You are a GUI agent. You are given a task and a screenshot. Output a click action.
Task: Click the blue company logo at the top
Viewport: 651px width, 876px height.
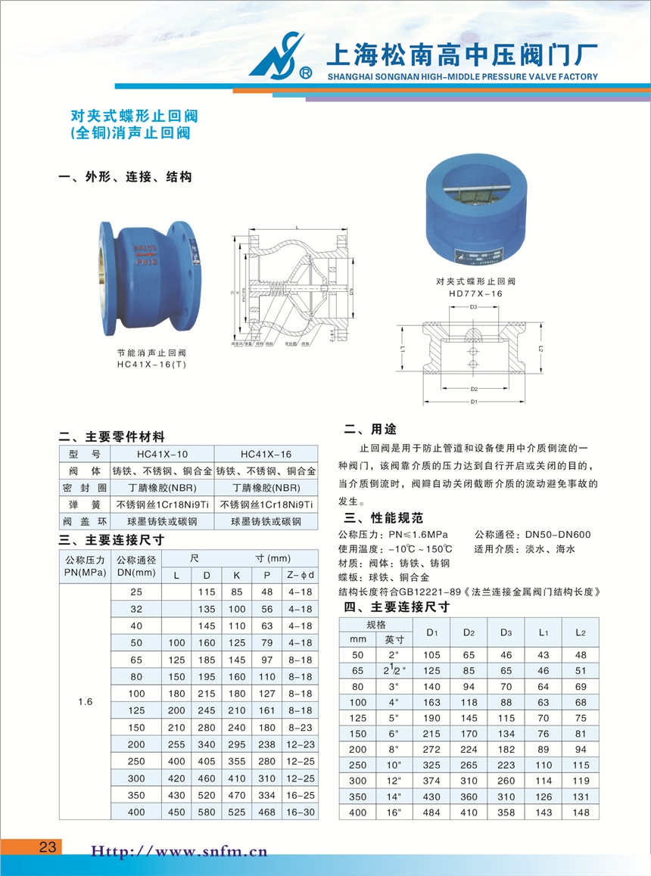point(281,57)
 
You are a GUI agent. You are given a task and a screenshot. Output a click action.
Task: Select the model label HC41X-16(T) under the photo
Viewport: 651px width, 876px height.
point(151,364)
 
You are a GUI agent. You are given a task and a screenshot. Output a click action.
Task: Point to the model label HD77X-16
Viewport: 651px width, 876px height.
point(475,293)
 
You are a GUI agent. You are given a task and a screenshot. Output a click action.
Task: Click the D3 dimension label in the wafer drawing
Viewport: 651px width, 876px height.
point(473,307)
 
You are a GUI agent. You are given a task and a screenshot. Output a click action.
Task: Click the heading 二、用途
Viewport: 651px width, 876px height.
point(370,430)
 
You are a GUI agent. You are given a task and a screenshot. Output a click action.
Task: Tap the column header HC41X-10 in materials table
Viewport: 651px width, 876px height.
point(163,454)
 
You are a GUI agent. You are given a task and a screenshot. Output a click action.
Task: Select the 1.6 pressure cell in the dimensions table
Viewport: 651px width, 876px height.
point(85,702)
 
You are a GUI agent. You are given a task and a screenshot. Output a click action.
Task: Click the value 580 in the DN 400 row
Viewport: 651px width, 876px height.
point(206,812)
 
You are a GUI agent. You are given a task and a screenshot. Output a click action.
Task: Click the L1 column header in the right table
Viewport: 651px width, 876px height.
point(544,632)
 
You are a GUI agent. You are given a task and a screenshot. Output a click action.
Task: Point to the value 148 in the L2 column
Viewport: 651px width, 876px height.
point(581,812)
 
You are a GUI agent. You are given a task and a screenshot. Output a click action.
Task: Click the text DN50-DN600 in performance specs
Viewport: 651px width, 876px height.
point(557,535)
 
